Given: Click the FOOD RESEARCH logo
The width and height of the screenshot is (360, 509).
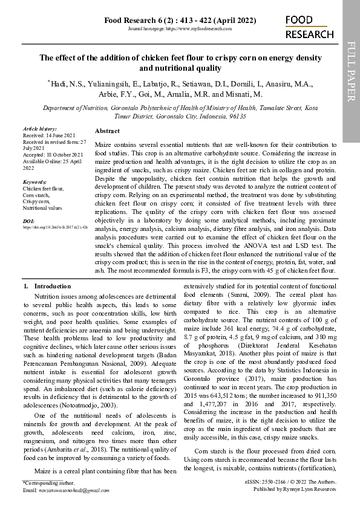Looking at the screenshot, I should click(309, 27).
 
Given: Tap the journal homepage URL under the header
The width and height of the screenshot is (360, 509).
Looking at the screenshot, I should click(180, 29).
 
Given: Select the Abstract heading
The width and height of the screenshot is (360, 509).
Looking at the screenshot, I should click(107, 131).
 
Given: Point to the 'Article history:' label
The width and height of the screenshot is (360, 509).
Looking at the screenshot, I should click(39, 129).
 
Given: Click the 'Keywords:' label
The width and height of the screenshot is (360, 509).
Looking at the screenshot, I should click(34, 182).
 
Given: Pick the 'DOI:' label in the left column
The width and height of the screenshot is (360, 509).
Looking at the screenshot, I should click(28, 221).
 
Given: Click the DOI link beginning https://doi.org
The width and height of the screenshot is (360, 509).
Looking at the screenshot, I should click(55, 228).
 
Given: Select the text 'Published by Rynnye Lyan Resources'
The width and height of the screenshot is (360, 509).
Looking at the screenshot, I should click(294, 490).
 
